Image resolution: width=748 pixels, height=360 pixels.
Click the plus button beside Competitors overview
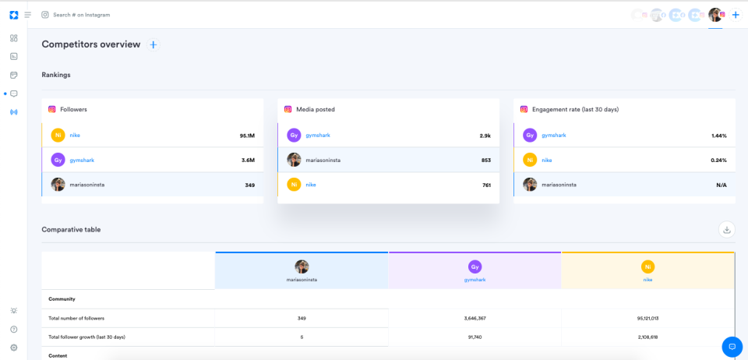pos(153,45)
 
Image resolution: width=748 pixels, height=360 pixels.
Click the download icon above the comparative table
pos(726,229)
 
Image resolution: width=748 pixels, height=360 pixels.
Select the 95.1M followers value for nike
pos(247,136)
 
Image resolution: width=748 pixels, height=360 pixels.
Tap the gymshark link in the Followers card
pos(82,160)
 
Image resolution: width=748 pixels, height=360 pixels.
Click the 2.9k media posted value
pos(485,136)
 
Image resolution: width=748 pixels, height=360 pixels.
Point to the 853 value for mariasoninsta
pos(485,160)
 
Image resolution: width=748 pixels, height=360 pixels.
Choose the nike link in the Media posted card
pos(310,185)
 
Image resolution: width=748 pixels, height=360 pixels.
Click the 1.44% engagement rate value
pos(719,136)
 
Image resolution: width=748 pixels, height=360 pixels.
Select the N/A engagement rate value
pos(721,185)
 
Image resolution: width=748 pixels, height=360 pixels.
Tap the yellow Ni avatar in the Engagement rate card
pos(530,160)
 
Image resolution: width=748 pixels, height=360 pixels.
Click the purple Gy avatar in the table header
pos(474,266)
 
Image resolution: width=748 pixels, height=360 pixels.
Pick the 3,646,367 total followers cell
pos(474,318)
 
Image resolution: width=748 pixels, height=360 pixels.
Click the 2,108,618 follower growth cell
pos(647,337)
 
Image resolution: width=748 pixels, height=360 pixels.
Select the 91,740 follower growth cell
pos(474,337)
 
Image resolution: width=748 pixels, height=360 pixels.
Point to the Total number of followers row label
pos(76,318)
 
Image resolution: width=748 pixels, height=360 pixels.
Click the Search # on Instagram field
pos(82,15)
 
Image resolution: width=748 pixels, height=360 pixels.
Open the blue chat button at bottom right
pos(732,347)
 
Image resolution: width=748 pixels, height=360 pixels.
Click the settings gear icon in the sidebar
pos(13,348)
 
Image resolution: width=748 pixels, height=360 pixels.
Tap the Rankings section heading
pos(56,75)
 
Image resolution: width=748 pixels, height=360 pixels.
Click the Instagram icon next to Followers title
pos(52,109)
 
